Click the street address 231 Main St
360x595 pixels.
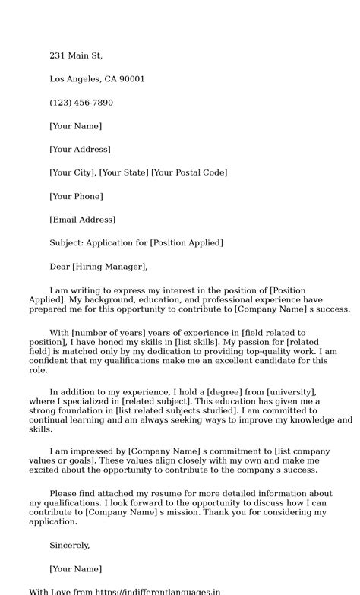coord(75,55)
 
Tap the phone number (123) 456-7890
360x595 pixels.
coord(81,103)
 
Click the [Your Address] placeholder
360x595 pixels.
coord(80,150)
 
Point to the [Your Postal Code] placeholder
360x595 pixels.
coord(189,172)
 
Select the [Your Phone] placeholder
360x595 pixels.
coord(76,196)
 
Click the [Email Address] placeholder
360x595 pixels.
coord(83,220)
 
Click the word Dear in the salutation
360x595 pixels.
coord(59,267)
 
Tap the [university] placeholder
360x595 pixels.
coord(296,391)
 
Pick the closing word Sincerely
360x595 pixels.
coord(69,545)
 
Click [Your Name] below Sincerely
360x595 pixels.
coord(75,568)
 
